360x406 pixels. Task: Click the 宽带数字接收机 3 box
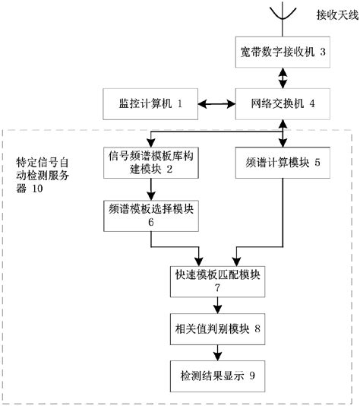[283, 52]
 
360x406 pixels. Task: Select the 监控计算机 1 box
[150, 104]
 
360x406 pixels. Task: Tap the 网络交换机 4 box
[283, 104]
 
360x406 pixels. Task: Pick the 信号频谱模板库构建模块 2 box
[151, 163]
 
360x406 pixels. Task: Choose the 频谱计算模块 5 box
[283, 163]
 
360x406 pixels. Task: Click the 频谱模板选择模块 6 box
[151, 216]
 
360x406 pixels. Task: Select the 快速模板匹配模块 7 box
[217, 281]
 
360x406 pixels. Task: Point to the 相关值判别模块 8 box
[217, 329]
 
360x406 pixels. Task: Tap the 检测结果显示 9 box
[217, 376]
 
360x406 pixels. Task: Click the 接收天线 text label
[337, 15]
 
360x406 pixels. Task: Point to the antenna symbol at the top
[283, 19]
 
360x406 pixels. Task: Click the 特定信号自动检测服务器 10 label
[43, 176]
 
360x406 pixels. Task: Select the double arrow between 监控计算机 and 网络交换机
[216, 104]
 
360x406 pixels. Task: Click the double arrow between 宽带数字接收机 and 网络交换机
[283, 78]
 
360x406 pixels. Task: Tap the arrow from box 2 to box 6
[151, 189]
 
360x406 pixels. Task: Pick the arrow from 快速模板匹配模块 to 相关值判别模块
[217, 306]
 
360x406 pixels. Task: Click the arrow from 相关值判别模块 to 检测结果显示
[217, 353]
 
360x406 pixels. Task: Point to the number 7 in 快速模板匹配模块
[217, 288]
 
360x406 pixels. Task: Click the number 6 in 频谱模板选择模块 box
[151, 222]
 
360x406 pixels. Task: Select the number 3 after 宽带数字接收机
[323, 52]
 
